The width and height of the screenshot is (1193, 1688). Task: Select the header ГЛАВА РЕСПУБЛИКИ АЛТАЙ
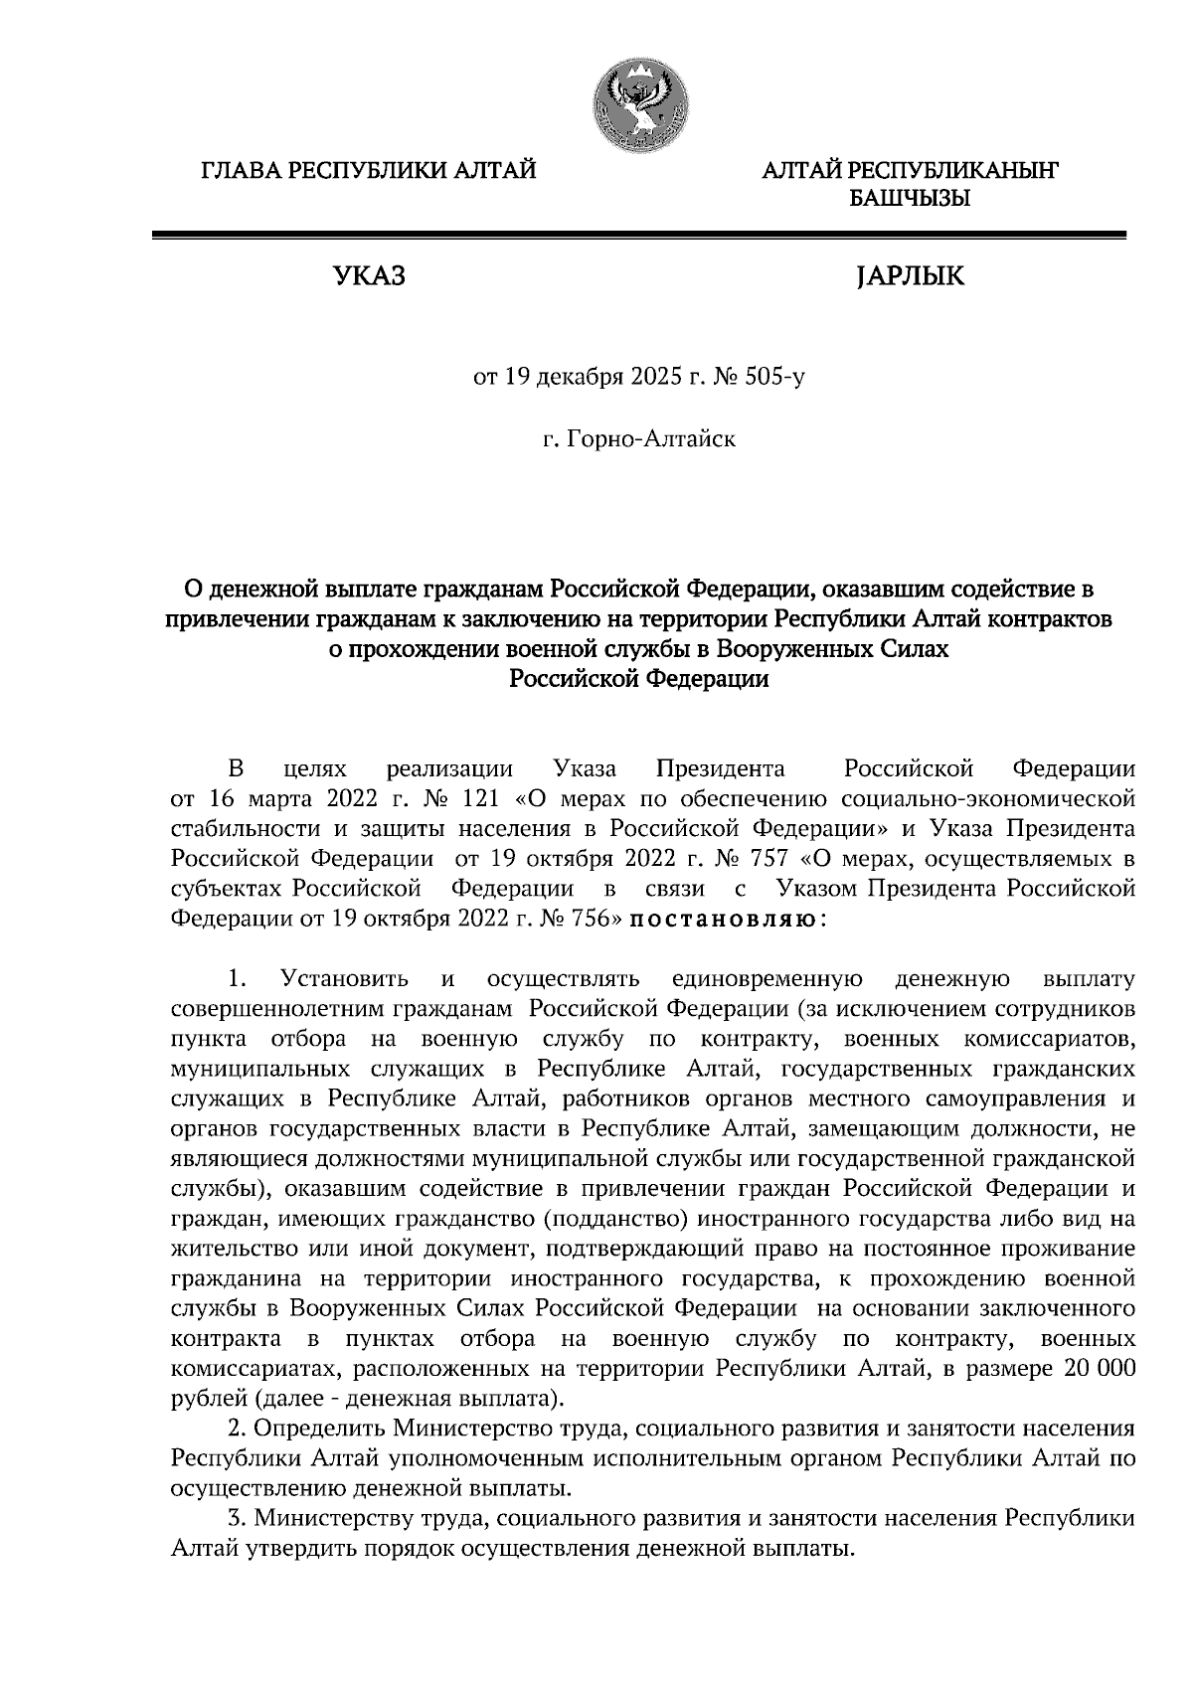tap(369, 172)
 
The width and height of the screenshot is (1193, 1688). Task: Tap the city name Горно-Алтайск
tap(651, 438)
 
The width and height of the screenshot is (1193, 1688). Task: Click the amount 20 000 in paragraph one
tap(1099, 1369)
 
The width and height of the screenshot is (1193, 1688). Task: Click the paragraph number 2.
tap(236, 1429)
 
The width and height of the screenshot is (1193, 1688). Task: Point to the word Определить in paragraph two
tap(319, 1429)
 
